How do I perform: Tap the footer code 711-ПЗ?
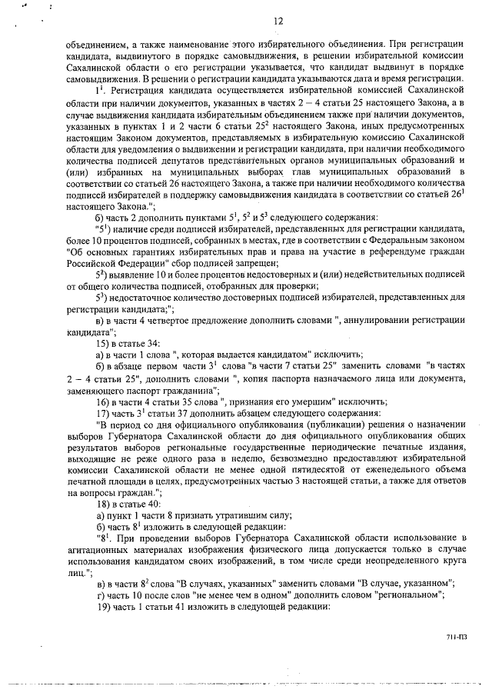coord(455,638)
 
